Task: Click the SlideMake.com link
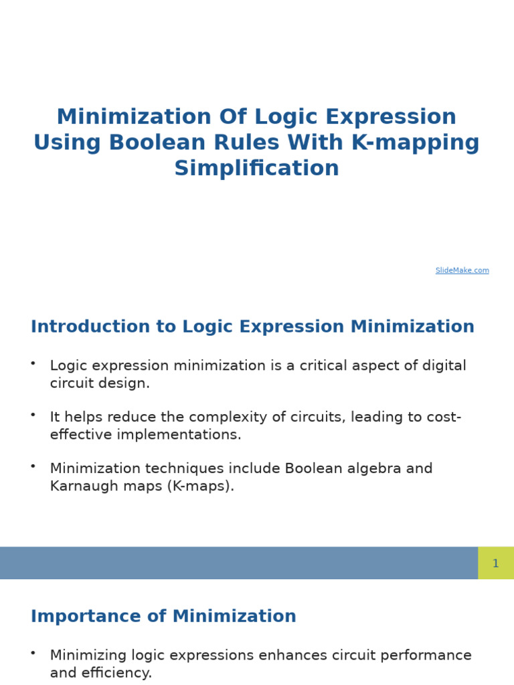coord(462,270)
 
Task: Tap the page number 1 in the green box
coord(495,563)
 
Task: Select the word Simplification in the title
coord(257,168)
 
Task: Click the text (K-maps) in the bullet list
coord(207,486)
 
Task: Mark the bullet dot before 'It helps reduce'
coord(33,414)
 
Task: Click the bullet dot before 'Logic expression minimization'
coord(33,363)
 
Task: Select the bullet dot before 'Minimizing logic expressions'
coord(33,652)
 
